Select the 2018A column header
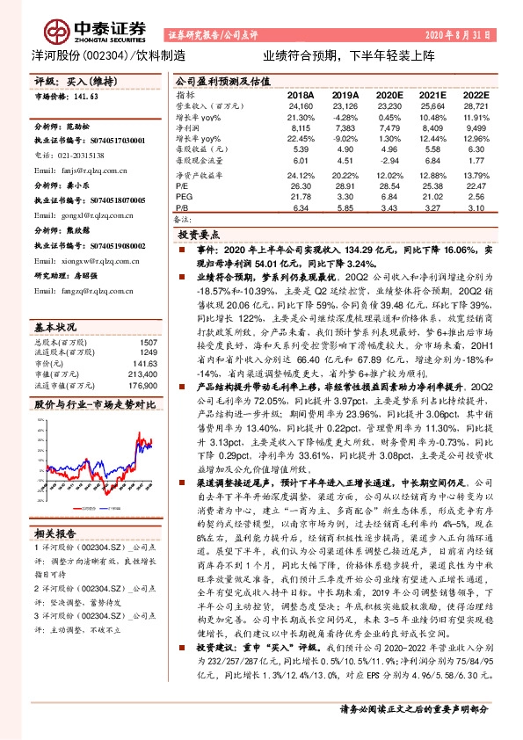[x=300, y=95]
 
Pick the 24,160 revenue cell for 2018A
[x=301, y=105]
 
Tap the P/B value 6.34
[x=301, y=207]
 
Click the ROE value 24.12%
[x=301, y=175]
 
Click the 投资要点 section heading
[x=199, y=237]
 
